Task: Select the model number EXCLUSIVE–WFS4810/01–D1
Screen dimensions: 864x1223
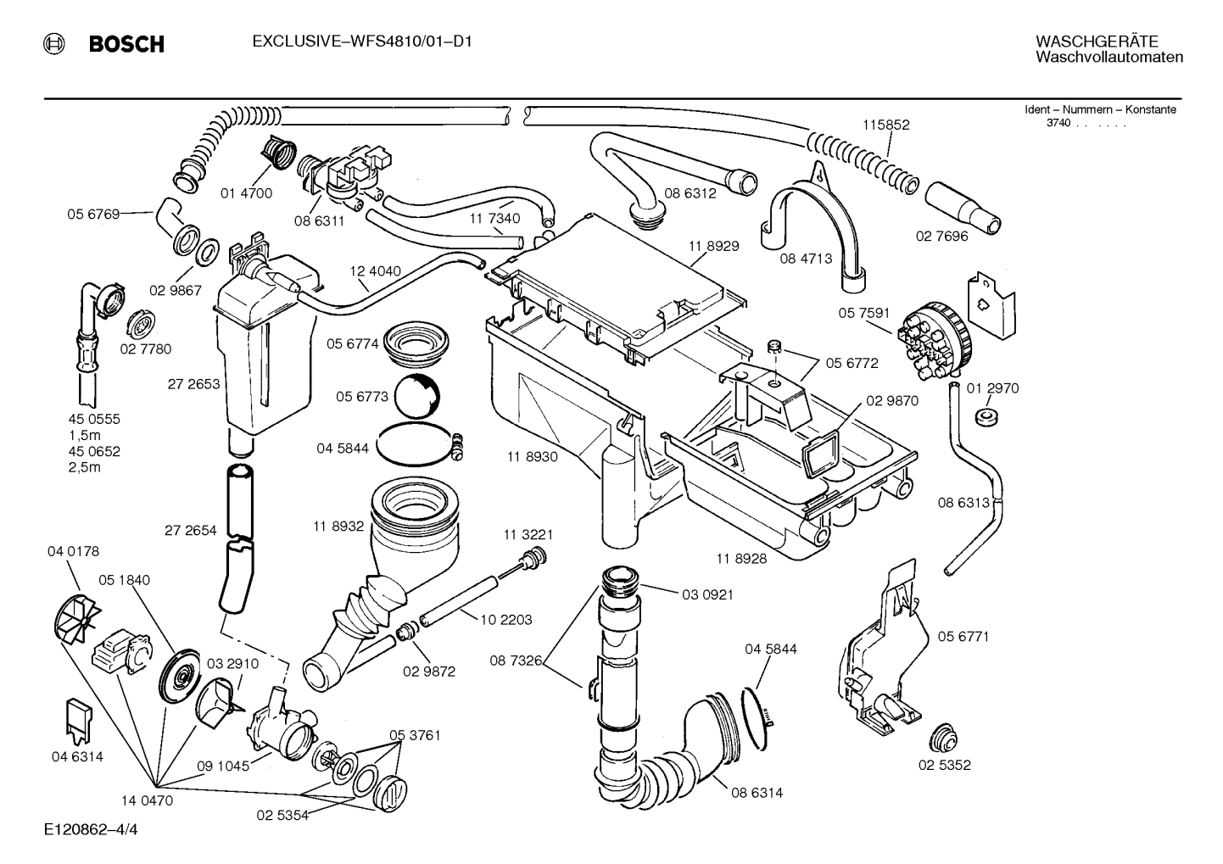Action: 361,41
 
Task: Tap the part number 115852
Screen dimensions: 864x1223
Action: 885,125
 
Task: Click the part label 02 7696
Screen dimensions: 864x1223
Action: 941,237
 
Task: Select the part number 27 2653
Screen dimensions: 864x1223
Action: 193,384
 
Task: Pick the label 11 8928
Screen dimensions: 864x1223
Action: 741,559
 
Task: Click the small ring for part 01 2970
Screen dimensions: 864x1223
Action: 986,416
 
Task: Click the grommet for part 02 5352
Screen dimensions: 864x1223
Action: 943,738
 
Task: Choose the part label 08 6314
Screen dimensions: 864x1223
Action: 757,793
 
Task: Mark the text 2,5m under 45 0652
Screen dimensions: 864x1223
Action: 84,467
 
